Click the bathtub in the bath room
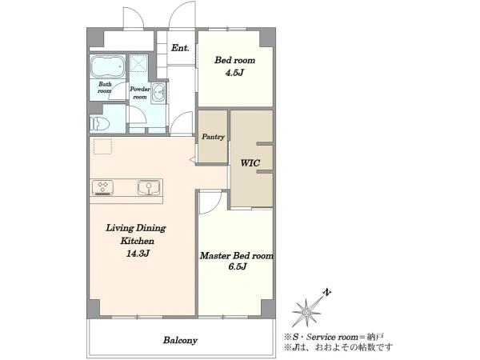tap(108, 66)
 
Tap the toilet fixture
tap(99, 123)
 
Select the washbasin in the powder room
tap(159, 91)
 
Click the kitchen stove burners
tap(103, 187)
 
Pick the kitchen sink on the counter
tap(149, 187)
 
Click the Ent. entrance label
tap(180, 48)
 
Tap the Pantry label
tap(213, 137)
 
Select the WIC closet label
tap(250, 163)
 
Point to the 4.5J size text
tap(234, 73)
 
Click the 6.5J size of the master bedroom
tap(238, 266)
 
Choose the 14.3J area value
tap(138, 254)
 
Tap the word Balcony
tap(180, 340)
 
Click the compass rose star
tap(306, 312)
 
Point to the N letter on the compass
tap(327, 292)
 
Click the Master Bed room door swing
tap(210, 202)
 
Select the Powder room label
tap(140, 93)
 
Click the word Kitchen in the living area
tap(137, 241)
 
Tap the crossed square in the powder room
tap(138, 64)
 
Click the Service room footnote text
tap(334, 338)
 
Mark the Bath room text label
tap(105, 87)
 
